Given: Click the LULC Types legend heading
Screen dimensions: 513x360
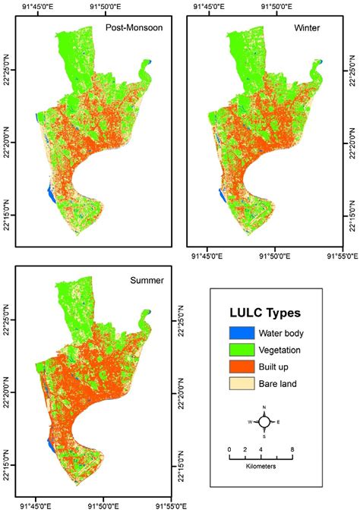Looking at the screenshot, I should click(264, 313).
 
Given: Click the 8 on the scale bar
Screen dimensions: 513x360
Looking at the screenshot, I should click(293, 449).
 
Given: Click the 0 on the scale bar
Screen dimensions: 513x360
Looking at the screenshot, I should click(230, 449).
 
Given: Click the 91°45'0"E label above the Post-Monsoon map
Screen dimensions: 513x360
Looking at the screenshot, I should click(40, 8).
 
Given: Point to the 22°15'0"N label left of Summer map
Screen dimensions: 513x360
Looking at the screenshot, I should click(7, 456).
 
